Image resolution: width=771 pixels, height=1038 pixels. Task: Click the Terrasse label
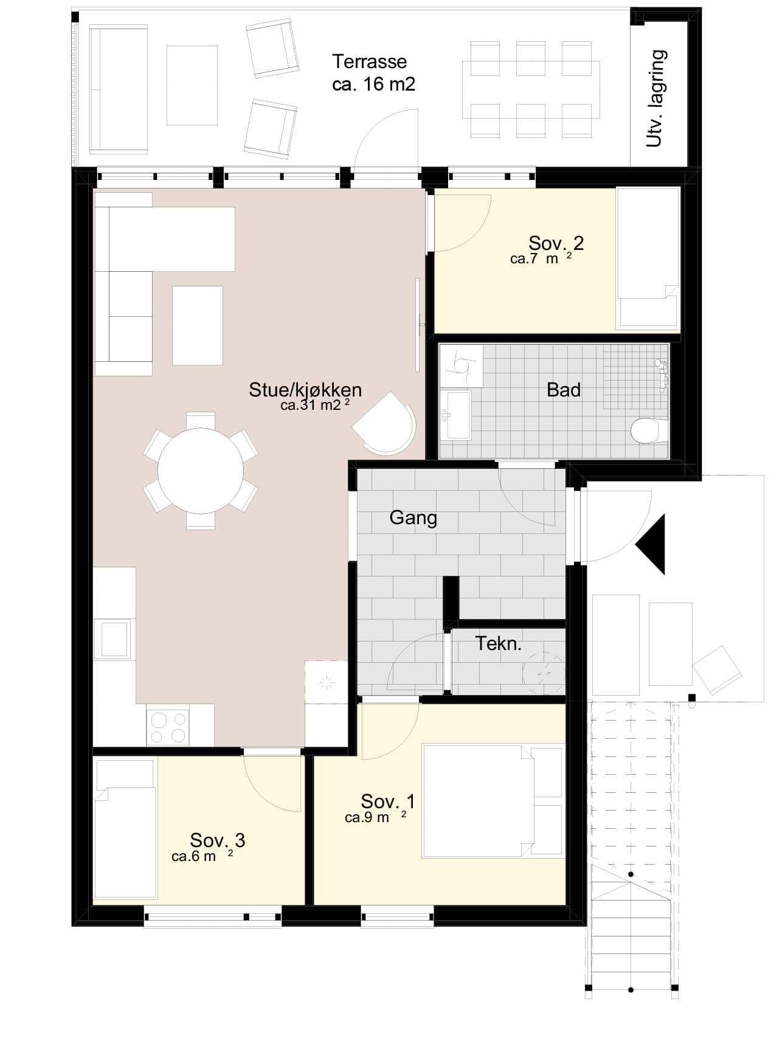pyautogui.click(x=370, y=61)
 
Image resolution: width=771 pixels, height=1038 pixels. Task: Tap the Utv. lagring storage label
pyautogui.click(x=656, y=99)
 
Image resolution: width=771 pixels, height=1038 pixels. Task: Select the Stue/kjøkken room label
pyautogui.click(x=305, y=390)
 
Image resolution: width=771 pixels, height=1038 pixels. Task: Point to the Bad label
pyautogui.click(x=564, y=390)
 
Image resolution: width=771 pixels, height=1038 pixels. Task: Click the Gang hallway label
pyautogui.click(x=413, y=517)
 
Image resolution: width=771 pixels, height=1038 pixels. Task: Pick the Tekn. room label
pyautogui.click(x=499, y=643)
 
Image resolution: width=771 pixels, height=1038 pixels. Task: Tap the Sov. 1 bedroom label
pyautogui.click(x=388, y=801)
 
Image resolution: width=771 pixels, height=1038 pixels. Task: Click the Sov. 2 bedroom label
pyautogui.click(x=556, y=243)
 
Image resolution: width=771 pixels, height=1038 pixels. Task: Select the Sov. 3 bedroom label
pyautogui.click(x=218, y=840)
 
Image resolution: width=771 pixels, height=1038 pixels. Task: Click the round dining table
pyautogui.click(x=201, y=471)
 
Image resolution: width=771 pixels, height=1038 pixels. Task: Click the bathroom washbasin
pyautogui.click(x=455, y=415)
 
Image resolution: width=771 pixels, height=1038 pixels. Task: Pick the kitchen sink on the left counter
pyautogui.click(x=114, y=639)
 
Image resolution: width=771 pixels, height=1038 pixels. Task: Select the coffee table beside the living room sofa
pyautogui.click(x=198, y=325)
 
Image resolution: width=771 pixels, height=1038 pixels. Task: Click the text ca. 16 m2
pyautogui.click(x=374, y=84)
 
